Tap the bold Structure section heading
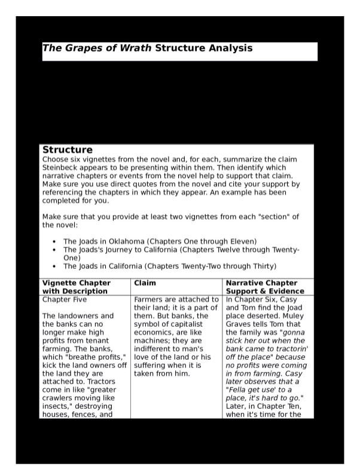coord(67,150)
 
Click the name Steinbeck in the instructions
coord(63,168)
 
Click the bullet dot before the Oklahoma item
coord(54,241)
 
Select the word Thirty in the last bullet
coord(263,266)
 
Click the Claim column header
coord(145,283)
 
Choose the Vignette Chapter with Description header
coord(76,287)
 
